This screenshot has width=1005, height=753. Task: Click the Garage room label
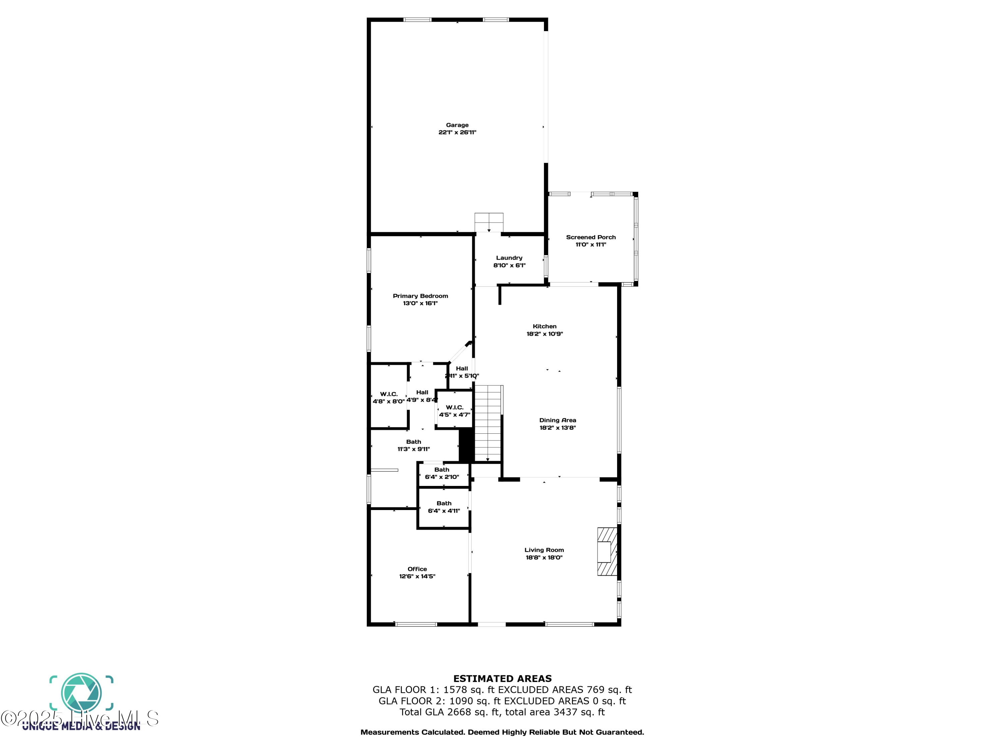pos(457,125)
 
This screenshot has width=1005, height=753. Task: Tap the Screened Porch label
pos(591,237)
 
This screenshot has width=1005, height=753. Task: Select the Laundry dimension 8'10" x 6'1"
pos(509,265)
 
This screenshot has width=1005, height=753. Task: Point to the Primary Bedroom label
pos(420,296)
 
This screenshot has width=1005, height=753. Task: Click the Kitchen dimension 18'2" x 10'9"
pos(544,334)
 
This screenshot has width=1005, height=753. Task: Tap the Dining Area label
pos(557,420)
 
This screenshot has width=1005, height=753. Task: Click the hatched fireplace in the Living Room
pos(607,552)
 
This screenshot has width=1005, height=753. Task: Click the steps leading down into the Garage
pos(489,223)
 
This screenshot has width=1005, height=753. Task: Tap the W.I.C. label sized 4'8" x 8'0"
pos(389,394)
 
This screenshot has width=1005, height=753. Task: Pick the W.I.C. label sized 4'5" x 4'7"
pos(454,407)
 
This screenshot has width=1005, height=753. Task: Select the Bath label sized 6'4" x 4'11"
pos(444,503)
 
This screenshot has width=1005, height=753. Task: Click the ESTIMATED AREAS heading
pos(502,679)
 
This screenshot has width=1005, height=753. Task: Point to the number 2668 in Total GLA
pos(459,712)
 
